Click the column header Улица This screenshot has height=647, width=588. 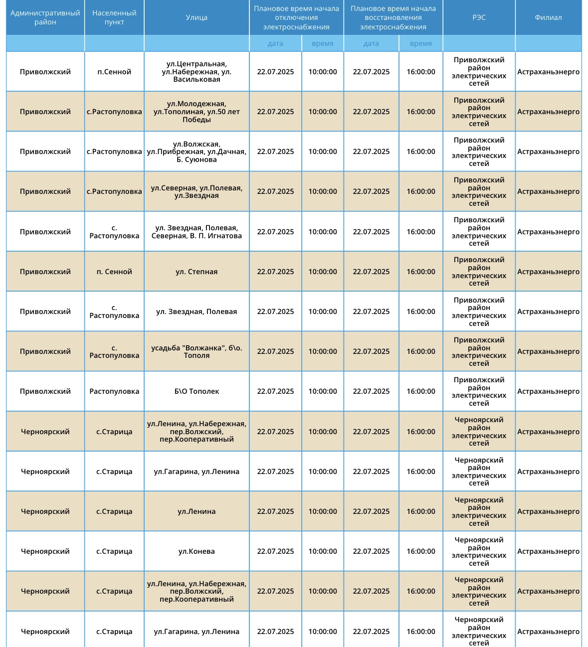(x=196, y=17)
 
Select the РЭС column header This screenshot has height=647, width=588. (x=479, y=17)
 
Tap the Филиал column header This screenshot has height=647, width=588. (x=548, y=17)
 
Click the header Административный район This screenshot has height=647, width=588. (x=45, y=17)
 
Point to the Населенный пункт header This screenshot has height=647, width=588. (x=114, y=17)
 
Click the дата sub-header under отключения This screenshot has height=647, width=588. (x=275, y=43)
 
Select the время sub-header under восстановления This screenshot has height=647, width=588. (x=420, y=43)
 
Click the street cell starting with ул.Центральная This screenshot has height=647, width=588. (x=196, y=72)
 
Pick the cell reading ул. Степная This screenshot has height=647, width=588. (x=196, y=272)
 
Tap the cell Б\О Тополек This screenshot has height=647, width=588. (x=196, y=391)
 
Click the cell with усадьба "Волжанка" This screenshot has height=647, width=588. (x=196, y=351)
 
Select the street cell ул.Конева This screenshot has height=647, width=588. (x=196, y=551)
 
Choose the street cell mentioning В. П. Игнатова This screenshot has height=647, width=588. (x=196, y=232)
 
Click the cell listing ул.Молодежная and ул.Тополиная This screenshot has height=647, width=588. (x=196, y=112)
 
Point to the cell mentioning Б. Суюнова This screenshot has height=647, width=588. (x=196, y=152)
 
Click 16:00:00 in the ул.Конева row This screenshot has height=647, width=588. (x=420, y=551)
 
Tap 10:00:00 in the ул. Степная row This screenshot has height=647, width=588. (x=323, y=272)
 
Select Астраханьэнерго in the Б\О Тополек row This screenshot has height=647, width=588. (x=548, y=391)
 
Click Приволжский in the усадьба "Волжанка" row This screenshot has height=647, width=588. (x=45, y=351)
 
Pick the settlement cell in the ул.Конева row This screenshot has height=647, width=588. (x=114, y=551)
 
